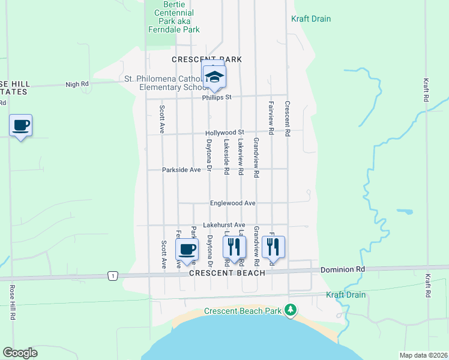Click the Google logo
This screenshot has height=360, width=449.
(20, 353)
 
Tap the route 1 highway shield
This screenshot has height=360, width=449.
(112, 275)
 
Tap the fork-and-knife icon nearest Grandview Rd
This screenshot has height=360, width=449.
(273, 245)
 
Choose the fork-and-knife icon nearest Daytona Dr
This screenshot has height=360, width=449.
(234, 245)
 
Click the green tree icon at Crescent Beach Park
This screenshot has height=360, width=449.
(291, 310)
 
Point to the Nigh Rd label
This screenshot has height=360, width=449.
(77, 85)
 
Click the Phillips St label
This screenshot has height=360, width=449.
(217, 97)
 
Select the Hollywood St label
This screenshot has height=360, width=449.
(224, 133)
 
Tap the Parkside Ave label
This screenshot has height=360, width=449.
(181, 170)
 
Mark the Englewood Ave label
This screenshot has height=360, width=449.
(233, 203)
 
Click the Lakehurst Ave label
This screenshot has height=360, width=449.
(224, 225)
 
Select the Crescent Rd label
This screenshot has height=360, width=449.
(288, 119)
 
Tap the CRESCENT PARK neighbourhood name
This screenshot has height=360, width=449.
(206, 59)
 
